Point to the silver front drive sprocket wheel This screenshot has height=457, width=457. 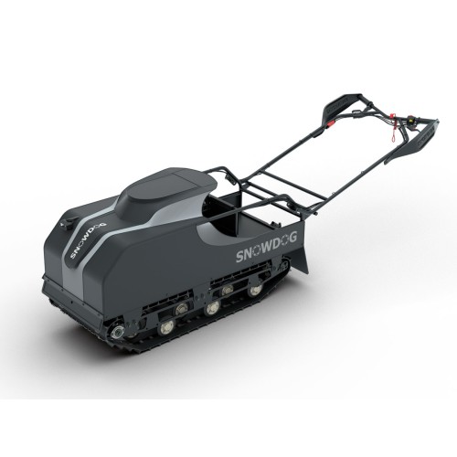[x=120, y=330]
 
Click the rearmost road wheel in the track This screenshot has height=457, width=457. [x=257, y=290]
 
